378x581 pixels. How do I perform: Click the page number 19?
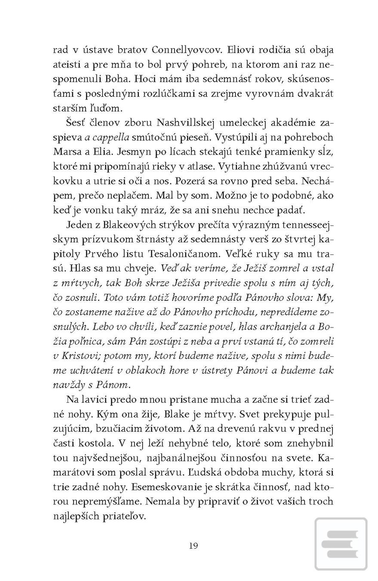click(193, 546)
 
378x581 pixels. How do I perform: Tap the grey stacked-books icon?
click(341, 544)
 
